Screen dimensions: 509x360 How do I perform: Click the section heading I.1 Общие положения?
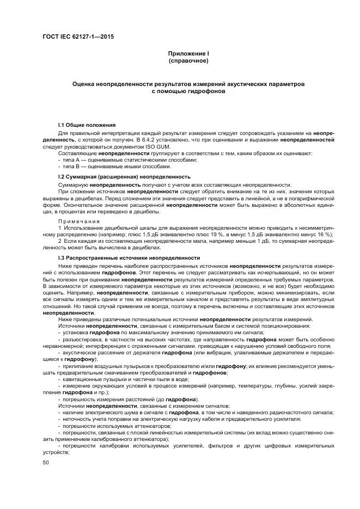[x=86, y=125]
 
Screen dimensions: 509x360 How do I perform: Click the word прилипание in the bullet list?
[x=78, y=366]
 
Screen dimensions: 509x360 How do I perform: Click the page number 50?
[x=46, y=462]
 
